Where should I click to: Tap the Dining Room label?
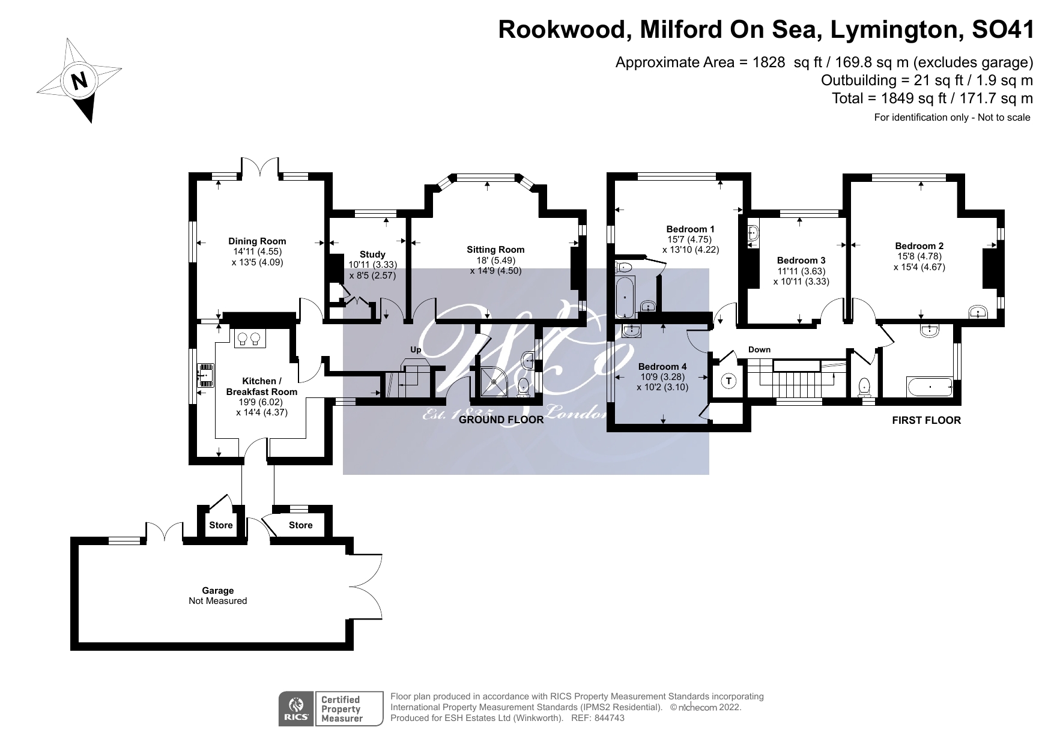click(257, 241)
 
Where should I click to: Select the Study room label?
click(372, 255)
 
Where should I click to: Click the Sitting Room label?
click(495, 250)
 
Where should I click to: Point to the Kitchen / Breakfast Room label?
click(261, 386)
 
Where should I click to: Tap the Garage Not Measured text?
click(217, 596)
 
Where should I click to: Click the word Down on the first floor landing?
click(759, 349)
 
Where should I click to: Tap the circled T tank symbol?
click(728, 381)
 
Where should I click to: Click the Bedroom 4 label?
click(662, 366)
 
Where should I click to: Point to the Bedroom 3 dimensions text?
click(801, 276)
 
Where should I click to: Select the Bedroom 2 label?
click(919, 246)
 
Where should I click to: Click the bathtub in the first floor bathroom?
click(930, 387)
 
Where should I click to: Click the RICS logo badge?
click(296, 709)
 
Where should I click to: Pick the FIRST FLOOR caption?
click(926, 420)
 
